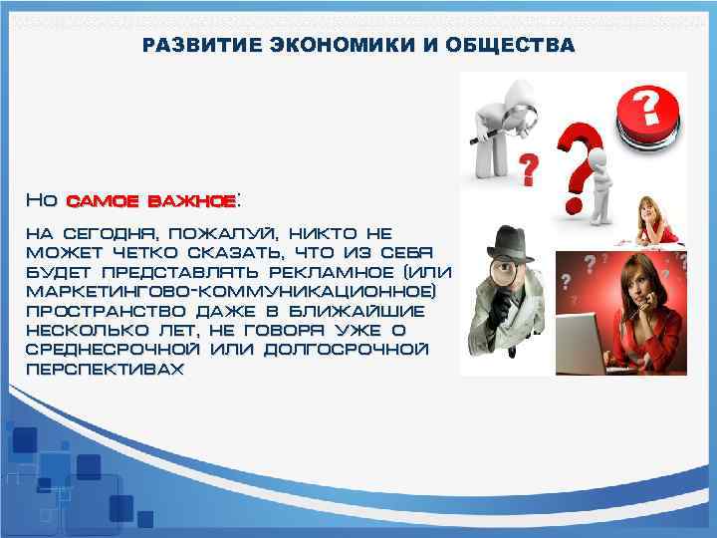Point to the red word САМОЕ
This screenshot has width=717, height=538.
click(x=103, y=200)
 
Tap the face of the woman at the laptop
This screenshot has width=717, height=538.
click(x=632, y=284)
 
